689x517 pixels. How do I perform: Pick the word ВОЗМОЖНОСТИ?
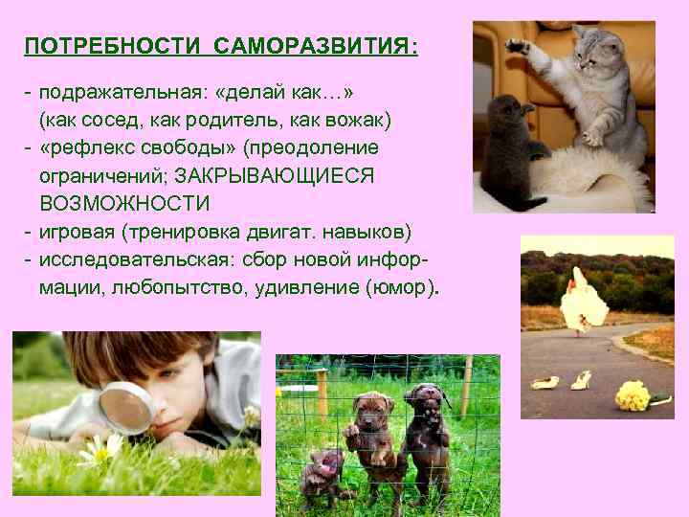click(124, 204)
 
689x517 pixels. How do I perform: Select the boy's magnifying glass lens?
click(125, 406)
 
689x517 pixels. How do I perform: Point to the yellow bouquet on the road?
click(633, 393)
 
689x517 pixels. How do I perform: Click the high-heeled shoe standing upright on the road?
click(581, 380)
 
